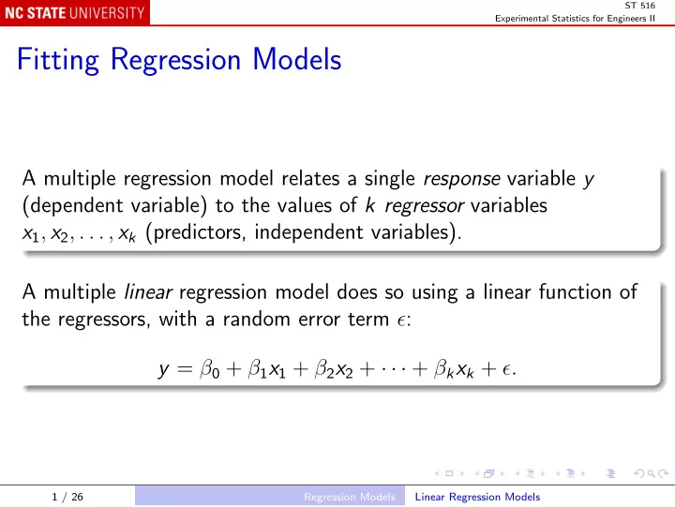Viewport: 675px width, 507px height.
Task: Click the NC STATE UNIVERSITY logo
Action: point(75,12)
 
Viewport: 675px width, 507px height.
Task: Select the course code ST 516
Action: point(639,6)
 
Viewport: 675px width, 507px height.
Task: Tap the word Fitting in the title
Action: point(58,59)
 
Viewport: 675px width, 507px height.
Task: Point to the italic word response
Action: point(461,179)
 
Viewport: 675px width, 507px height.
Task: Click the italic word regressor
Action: point(424,206)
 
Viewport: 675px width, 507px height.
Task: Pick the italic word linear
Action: point(148,291)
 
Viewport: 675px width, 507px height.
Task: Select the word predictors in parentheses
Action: point(200,232)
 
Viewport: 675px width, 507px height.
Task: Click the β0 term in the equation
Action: point(210,369)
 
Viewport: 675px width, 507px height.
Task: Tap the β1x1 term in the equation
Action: point(267,369)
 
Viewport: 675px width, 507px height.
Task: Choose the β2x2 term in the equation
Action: point(334,369)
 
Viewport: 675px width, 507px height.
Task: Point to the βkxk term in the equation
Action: point(454,369)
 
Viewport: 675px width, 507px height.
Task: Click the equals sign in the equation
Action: point(185,369)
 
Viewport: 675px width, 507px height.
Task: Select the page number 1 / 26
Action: point(67,497)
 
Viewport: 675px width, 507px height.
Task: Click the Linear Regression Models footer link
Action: point(477,497)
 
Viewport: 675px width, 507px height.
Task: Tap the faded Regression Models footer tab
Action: point(350,497)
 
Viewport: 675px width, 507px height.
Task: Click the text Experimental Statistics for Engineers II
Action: point(575,19)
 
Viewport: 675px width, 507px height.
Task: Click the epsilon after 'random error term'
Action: point(401,321)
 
